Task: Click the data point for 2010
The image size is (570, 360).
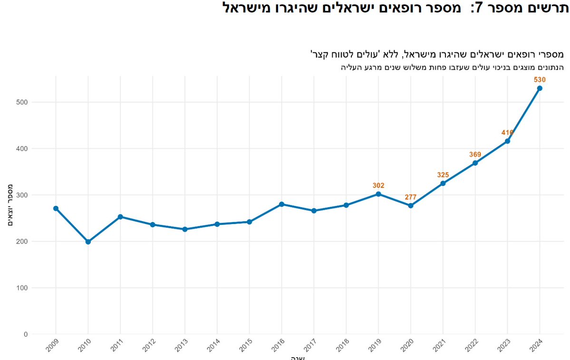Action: point(88,242)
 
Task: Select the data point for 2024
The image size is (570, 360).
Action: point(540,88)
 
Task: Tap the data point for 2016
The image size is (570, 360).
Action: point(281,204)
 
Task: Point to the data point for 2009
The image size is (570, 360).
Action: point(56,208)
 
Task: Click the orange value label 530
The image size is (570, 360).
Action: point(540,79)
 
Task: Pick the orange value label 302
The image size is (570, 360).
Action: point(378,185)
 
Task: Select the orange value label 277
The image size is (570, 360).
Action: point(411,197)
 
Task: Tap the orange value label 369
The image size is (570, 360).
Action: point(475,155)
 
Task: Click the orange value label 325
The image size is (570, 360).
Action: point(443,175)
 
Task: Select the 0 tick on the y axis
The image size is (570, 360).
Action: point(26,334)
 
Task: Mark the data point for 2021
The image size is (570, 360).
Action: point(443,183)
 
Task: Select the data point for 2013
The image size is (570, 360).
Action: point(185,229)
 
